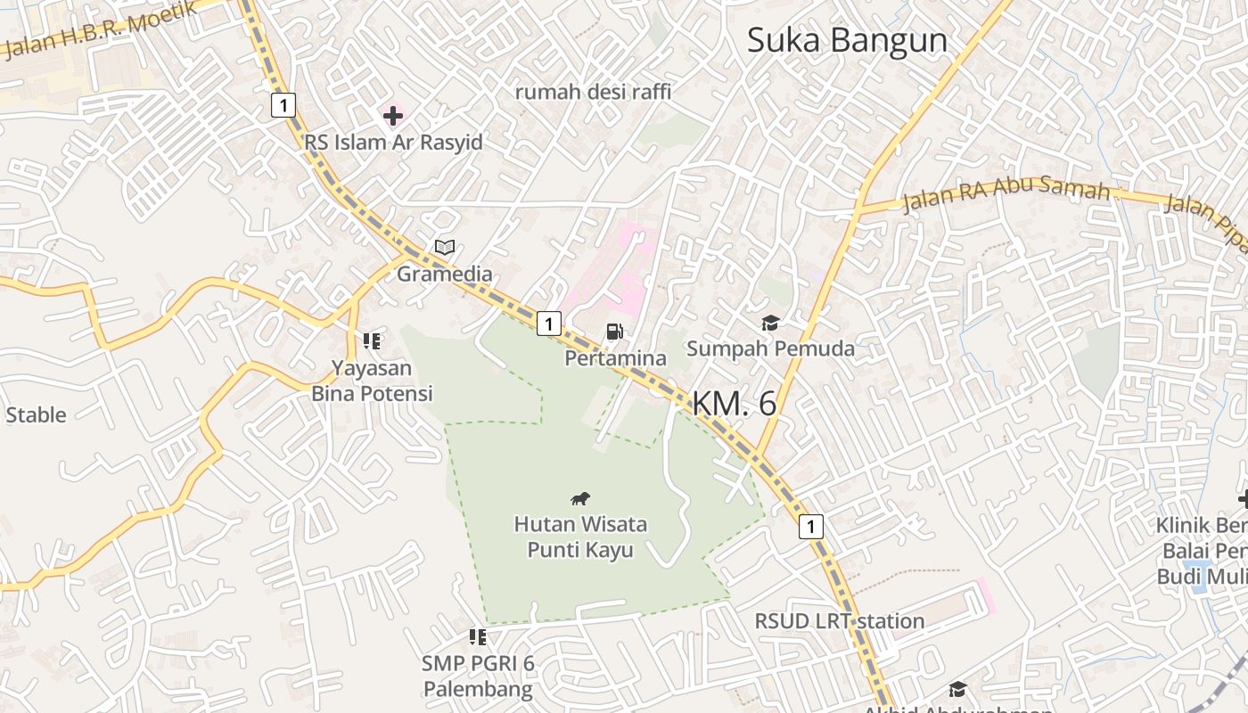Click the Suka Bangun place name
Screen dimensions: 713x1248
[x=846, y=41]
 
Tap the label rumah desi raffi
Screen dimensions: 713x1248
[x=593, y=91]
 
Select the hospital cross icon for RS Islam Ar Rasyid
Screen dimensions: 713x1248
[x=393, y=115]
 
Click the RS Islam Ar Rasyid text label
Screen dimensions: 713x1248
[x=393, y=143]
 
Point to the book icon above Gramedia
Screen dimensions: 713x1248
[x=444, y=247]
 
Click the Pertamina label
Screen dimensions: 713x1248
[x=615, y=358]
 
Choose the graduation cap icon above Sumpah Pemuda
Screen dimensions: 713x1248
[x=770, y=323]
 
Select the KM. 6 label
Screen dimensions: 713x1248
[x=734, y=404]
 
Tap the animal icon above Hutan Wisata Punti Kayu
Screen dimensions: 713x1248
[x=580, y=498]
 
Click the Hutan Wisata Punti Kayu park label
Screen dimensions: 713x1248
[x=580, y=537]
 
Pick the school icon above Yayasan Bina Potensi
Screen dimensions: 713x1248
[x=372, y=340]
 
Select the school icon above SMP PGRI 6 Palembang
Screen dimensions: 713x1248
[x=478, y=636]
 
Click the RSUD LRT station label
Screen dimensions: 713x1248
[x=840, y=620]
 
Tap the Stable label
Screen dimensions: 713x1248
[x=36, y=414]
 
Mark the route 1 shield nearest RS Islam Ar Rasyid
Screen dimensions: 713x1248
[x=283, y=106]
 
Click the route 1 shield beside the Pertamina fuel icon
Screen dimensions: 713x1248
[x=549, y=324]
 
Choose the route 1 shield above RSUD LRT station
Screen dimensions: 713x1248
[x=809, y=527]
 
